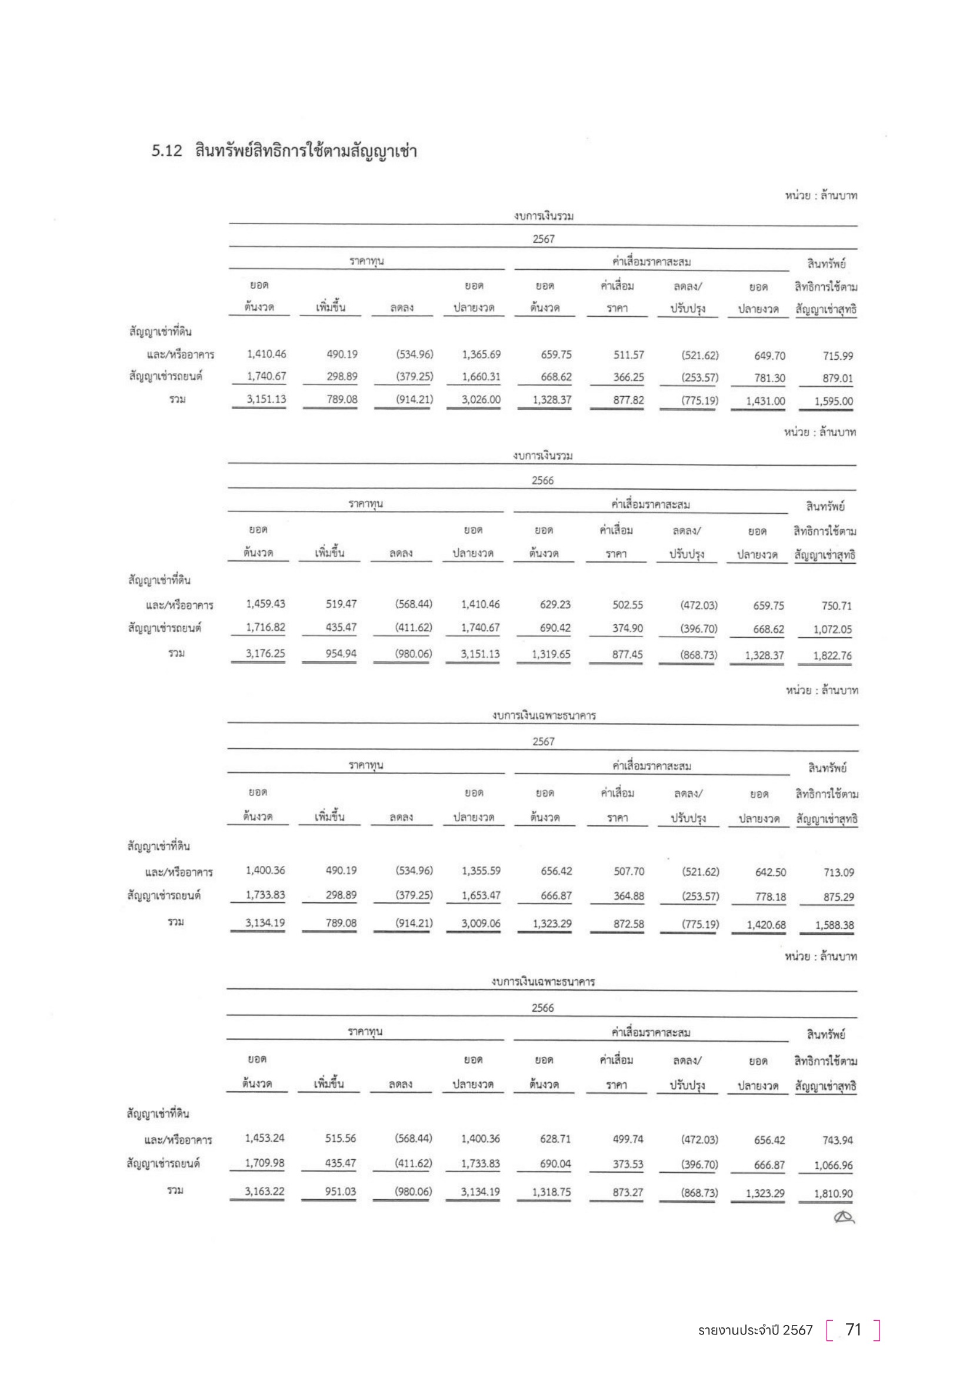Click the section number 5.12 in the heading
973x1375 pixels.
[166, 150]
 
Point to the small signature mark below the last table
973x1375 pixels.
[844, 1216]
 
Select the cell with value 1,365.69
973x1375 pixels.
[481, 354]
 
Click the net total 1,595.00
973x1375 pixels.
[834, 402]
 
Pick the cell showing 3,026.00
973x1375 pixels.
[481, 399]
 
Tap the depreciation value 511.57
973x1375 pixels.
[628, 354]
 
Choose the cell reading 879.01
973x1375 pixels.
[838, 378]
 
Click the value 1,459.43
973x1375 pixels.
[265, 604]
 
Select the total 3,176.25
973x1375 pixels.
[265, 653]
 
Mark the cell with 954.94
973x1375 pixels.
[341, 653]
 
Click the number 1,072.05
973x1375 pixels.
[832, 630]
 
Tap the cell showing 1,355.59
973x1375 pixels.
[481, 871]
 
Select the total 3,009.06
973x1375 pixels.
[481, 923]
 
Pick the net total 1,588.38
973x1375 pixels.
[834, 925]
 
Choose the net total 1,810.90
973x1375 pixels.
[833, 1193]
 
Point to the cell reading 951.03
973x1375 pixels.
[340, 1191]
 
